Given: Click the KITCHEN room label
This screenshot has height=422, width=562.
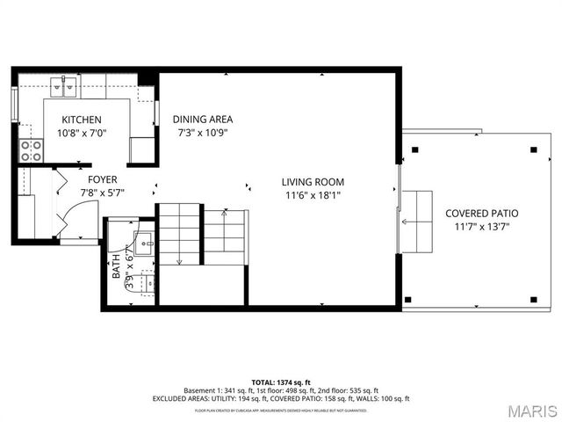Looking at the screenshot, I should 82,120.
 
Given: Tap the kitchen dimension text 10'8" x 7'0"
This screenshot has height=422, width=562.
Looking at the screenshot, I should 82,134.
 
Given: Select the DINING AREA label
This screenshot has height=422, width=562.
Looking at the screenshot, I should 203,120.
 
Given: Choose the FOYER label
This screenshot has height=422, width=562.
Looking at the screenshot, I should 102,179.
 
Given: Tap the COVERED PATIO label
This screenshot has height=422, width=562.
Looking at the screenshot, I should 481,213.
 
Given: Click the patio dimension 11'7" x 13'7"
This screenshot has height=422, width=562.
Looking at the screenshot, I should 481,227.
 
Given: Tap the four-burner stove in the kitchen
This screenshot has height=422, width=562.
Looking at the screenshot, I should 32,150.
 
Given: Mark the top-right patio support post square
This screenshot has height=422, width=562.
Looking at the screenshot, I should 534,150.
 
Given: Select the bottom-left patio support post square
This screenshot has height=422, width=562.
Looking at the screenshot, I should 407,300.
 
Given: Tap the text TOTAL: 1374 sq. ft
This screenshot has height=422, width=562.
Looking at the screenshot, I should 281,382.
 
